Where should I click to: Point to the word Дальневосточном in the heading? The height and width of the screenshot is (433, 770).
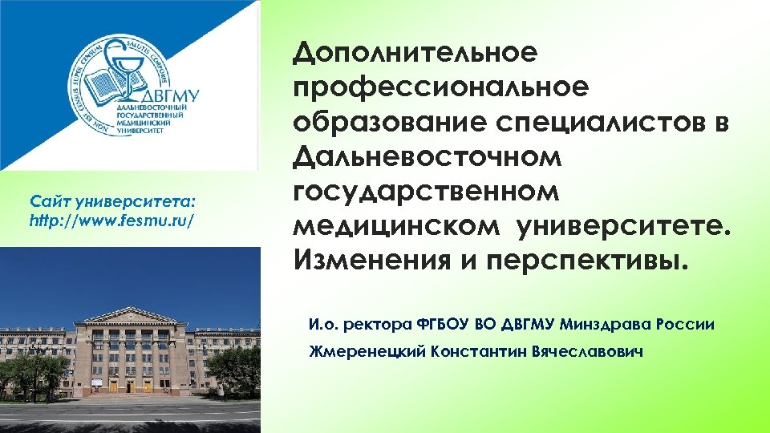pos(428,157)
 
